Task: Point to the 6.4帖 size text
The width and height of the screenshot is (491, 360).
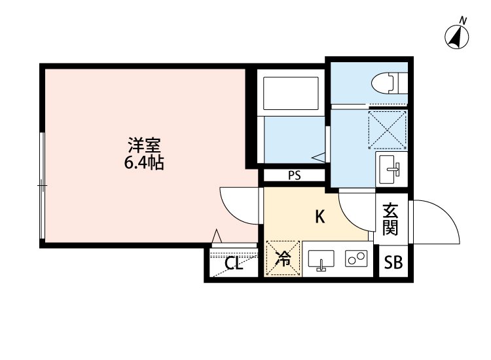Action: (x=144, y=162)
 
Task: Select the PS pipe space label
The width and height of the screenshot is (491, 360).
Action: (x=293, y=175)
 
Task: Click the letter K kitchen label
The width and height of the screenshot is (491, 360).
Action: (x=320, y=217)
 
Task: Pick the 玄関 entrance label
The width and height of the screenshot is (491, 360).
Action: (x=391, y=219)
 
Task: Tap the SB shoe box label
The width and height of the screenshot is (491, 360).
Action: (x=393, y=263)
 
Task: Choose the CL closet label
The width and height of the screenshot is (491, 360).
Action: (x=234, y=264)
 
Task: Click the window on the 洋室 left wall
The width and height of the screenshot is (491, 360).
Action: (x=42, y=186)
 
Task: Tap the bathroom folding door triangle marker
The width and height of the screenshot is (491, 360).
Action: (x=318, y=157)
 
